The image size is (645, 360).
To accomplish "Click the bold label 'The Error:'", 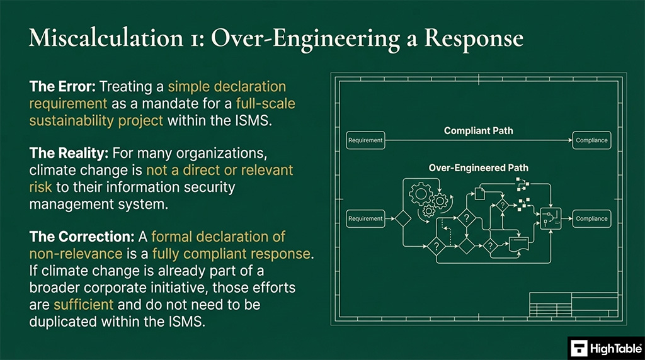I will (61, 86).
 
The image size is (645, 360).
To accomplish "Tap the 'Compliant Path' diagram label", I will (478, 131).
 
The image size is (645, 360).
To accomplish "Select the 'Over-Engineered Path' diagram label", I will (478, 168).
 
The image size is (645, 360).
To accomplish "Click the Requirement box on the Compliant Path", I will (365, 140).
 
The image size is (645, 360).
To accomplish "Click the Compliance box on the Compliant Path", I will (591, 140).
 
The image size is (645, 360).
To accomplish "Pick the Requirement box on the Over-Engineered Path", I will (365, 219).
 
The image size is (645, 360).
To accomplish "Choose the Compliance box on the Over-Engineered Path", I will (591, 219).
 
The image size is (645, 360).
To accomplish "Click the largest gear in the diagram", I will (420, 193).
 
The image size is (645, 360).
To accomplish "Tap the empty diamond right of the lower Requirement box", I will (402, 219).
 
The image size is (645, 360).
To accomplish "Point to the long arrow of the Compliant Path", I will (478, 140).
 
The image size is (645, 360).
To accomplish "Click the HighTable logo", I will (605, 347).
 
